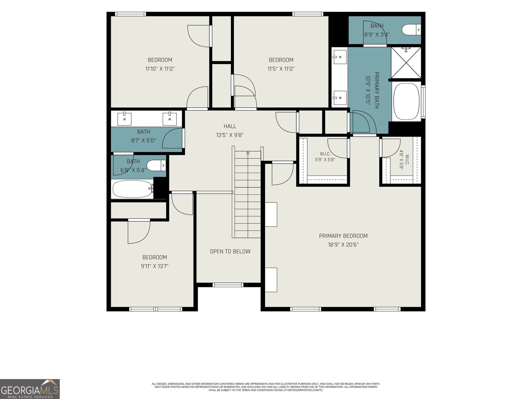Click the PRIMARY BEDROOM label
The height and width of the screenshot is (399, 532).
click(343, 236)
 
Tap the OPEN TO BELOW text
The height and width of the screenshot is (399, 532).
click(230, 251)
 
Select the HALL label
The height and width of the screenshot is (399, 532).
click(230, 126)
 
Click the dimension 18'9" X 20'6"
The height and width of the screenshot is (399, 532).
click(343, 245)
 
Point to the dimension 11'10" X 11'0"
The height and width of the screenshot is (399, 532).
click(160, 69)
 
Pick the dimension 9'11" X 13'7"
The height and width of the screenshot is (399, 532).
click(155, 266)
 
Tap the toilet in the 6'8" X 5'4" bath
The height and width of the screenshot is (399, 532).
click(156, 166)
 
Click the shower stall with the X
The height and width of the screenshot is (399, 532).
click(406, 63)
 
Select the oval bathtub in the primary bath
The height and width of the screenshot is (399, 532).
click(406, 101)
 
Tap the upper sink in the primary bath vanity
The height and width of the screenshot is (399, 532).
click(339, 57)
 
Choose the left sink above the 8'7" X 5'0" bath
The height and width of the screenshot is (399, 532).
click(124, 119)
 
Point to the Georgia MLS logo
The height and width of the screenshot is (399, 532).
click(30, 389)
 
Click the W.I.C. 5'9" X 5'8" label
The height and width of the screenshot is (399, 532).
click(325, 157)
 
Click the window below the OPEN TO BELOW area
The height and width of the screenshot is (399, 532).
click(228, 285)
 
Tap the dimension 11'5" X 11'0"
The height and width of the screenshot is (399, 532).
click(281, 69)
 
